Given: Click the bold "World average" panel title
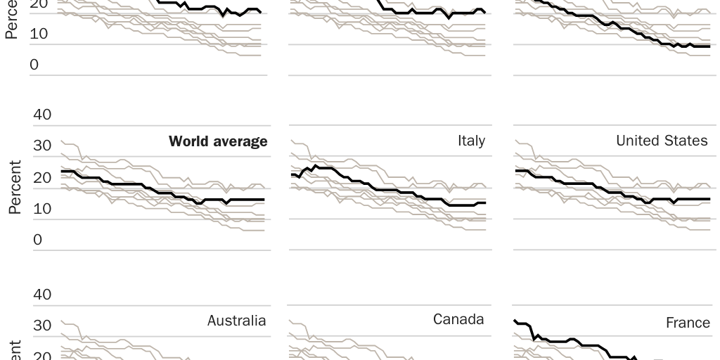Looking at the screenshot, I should coord(218,141).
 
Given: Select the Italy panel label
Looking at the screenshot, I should coord(471,141).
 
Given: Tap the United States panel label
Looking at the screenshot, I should coord(662,141).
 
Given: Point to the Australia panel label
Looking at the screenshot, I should coord(236,321).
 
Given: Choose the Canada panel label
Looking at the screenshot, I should coord(458,319).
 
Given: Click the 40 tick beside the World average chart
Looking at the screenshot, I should coord(42,114).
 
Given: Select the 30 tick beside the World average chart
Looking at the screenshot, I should coord(42,146).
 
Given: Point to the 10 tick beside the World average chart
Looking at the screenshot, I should coord(42,208).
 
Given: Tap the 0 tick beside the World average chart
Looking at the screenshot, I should coord(37,240).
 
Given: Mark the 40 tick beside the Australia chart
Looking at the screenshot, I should coord(42,294).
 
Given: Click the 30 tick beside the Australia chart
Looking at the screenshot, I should coord(42,326).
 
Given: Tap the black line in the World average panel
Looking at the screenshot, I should coord(141,186).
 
